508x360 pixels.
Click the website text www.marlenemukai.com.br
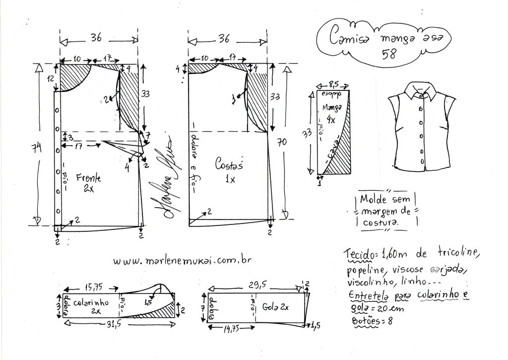[x=182, y=260]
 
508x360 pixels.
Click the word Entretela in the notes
[x=366, y=296]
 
